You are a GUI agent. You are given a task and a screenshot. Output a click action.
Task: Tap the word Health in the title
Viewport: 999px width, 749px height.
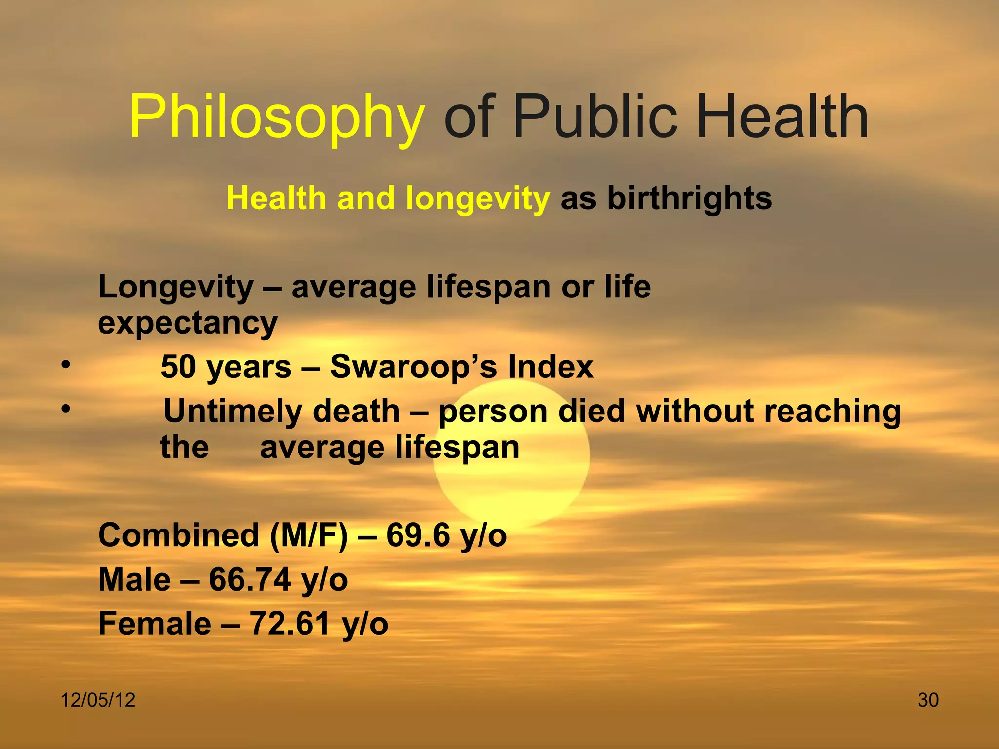(782, 117)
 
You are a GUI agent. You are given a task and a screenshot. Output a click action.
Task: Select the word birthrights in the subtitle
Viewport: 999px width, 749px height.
(689, 198)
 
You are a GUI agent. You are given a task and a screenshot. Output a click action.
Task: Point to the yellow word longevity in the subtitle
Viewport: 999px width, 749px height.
(478, 199)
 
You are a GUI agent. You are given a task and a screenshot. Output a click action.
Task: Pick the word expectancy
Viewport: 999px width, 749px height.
(187, 323)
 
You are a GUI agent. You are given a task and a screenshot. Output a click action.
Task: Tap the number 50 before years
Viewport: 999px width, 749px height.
(178, 367)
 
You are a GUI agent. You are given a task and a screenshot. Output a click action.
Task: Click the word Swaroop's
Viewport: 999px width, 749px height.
(414, 367)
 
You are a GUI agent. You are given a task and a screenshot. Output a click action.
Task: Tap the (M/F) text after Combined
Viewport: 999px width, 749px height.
(309, 535)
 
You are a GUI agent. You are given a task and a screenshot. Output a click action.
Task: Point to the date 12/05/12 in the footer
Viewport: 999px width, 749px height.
(98, 700)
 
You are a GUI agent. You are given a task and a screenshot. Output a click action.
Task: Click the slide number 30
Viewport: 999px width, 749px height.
(928, 700)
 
